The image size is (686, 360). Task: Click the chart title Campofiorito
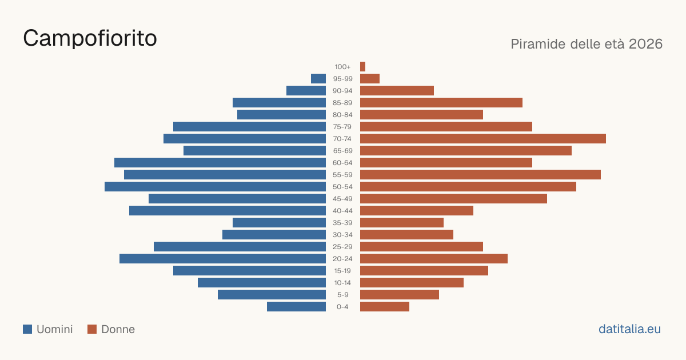point(90,38)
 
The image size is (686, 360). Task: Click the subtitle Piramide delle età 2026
point(587,44)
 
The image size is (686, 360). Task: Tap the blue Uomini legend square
point(27,329)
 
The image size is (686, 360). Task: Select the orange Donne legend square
point(92,329)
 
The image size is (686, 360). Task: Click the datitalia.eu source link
point(629,329)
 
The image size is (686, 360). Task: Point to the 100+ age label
point(342,67)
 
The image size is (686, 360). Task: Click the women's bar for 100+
point(362,67)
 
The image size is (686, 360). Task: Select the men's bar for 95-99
point(318,79)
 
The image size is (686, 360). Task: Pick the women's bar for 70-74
point(483,139)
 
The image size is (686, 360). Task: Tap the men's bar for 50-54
point(216,187)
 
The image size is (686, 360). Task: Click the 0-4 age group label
point(342,307)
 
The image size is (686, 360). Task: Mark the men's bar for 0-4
point(297,307)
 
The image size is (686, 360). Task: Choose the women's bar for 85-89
point(441,102)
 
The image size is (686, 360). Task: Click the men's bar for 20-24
point(222,259)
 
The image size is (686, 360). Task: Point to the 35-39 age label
point(342,223)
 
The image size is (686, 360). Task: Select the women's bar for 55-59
point(481,175)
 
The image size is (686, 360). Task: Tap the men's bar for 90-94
point(306,91)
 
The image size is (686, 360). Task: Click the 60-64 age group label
point(342,163)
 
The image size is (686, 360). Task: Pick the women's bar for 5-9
point(400,295)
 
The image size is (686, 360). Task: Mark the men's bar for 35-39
point(280,223)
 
